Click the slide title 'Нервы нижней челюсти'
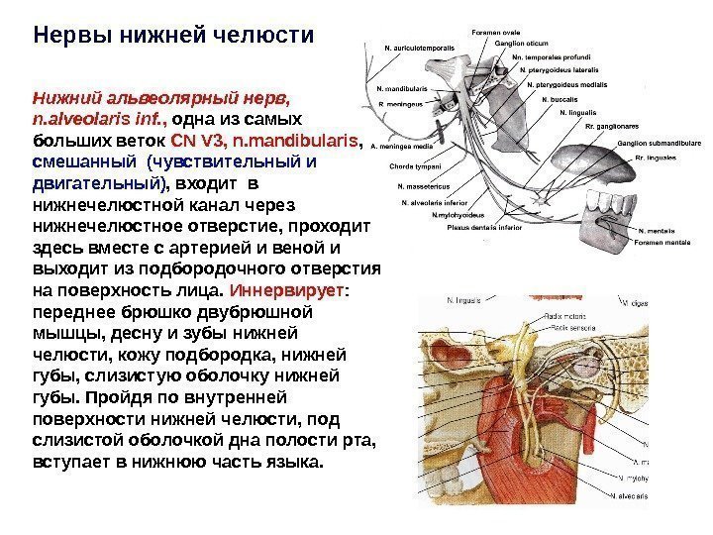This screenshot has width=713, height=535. click(x=173, y=37)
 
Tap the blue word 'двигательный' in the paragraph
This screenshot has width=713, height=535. click(x=95, y=183)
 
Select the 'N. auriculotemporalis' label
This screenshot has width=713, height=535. click(x=420, y=47)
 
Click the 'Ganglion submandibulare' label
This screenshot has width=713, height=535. click(x=658, y=143)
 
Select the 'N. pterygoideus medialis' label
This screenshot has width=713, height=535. click(x=572, y=85)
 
